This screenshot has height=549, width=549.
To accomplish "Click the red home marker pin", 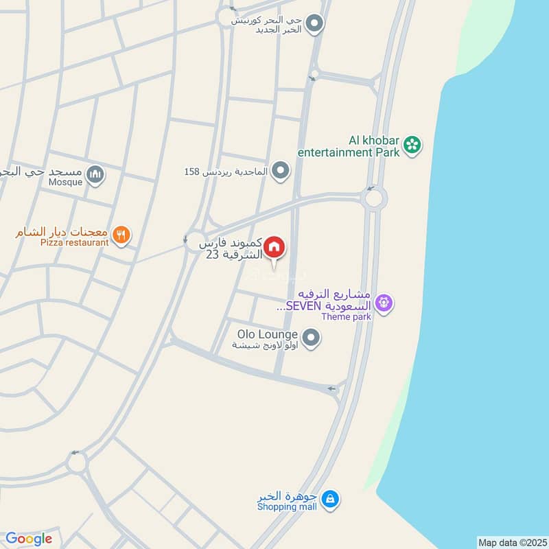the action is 274,247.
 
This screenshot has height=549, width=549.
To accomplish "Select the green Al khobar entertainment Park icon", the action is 412,145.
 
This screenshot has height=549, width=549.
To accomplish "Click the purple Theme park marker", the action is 384,302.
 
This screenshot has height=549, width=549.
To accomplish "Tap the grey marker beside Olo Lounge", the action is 312,337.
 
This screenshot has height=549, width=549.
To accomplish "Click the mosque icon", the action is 97,176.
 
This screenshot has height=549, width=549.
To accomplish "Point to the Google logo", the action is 28,539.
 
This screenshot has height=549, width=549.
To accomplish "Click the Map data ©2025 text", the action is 511,542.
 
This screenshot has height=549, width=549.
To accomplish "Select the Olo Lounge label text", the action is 268,334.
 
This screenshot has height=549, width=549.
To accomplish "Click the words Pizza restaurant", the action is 74,242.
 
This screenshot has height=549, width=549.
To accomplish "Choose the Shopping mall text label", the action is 287,506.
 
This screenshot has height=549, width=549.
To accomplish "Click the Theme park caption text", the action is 346,316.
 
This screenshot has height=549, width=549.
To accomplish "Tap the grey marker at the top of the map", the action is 315,24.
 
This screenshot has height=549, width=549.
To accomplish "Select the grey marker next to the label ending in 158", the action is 280,170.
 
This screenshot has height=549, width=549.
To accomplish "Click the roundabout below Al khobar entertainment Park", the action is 374,199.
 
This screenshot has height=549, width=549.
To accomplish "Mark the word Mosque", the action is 66,182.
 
